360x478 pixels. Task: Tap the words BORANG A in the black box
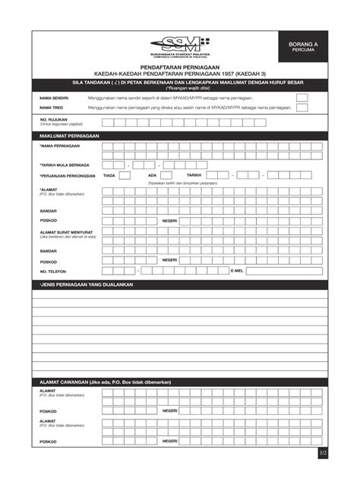(303, 45)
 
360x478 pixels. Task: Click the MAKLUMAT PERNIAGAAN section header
(69, 136)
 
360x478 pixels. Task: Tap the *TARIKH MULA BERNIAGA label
(64, 165)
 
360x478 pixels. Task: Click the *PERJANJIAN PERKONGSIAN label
(67, 175)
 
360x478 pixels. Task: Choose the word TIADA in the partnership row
(109, 175)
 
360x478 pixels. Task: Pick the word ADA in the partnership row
(152, 175)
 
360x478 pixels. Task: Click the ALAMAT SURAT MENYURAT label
(66, 232)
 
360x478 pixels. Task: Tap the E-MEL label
(237, 271)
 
